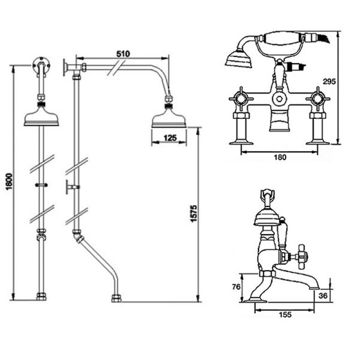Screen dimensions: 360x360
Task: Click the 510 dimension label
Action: (x=123, y=54)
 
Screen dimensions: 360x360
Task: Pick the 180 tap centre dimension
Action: (x=280, y=157)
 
